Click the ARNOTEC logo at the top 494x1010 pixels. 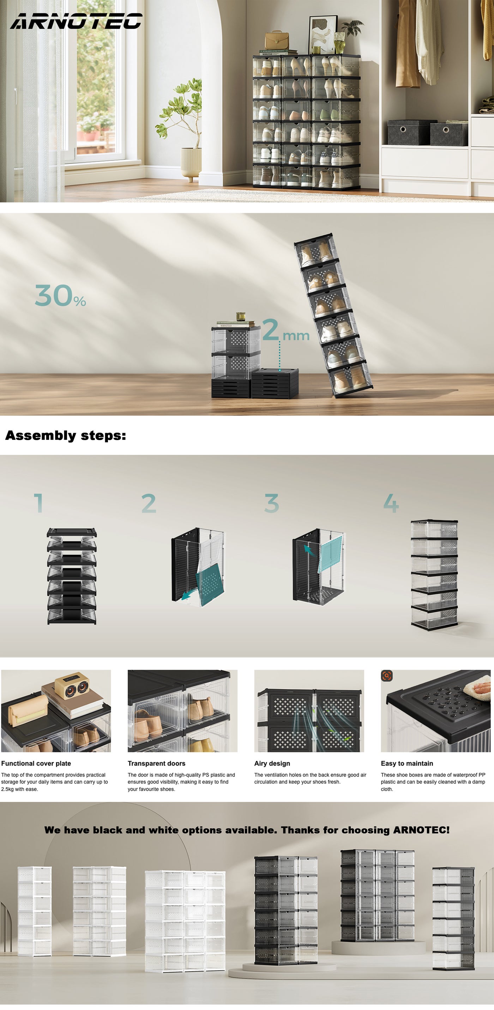76,21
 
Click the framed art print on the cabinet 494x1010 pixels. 323,35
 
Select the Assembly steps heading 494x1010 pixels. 66,436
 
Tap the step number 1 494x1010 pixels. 38,503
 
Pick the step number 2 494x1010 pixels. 149,503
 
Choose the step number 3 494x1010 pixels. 271,503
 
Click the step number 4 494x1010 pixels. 391,503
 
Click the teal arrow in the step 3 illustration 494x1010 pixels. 309,550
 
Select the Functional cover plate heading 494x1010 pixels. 36,763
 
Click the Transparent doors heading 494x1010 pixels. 157,763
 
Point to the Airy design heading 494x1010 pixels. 272,763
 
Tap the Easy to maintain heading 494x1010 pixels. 407,763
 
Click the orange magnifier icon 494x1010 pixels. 386,676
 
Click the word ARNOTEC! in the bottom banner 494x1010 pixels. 421,830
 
